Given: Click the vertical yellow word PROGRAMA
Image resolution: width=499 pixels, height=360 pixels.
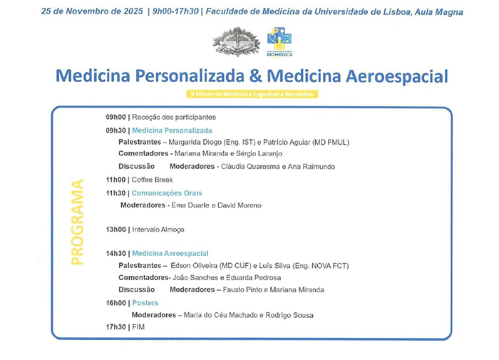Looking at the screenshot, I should [x=77, y=223].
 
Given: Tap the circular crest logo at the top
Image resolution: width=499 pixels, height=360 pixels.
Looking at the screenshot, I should [x=237, y=41].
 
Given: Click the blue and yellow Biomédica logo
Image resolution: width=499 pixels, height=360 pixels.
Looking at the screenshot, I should [x=279, y=41].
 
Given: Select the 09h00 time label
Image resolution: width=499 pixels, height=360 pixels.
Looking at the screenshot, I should [x=115, y=117].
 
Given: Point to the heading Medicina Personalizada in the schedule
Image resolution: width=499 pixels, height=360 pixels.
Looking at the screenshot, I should [x=172, y=130].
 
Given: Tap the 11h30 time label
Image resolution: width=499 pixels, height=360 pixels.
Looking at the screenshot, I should [x=115, y=193].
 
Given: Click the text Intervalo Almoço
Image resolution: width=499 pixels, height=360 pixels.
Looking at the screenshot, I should [x=158, y=230].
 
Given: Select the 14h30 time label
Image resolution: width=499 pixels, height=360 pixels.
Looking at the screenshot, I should [x=115, y=253].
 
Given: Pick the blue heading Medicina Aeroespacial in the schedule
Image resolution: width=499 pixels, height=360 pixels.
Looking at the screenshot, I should [x=170, y=253].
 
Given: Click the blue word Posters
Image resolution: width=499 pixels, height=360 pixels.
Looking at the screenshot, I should [x=145, y=303].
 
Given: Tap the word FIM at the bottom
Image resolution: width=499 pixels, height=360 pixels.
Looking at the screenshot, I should [x=138, y=326].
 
